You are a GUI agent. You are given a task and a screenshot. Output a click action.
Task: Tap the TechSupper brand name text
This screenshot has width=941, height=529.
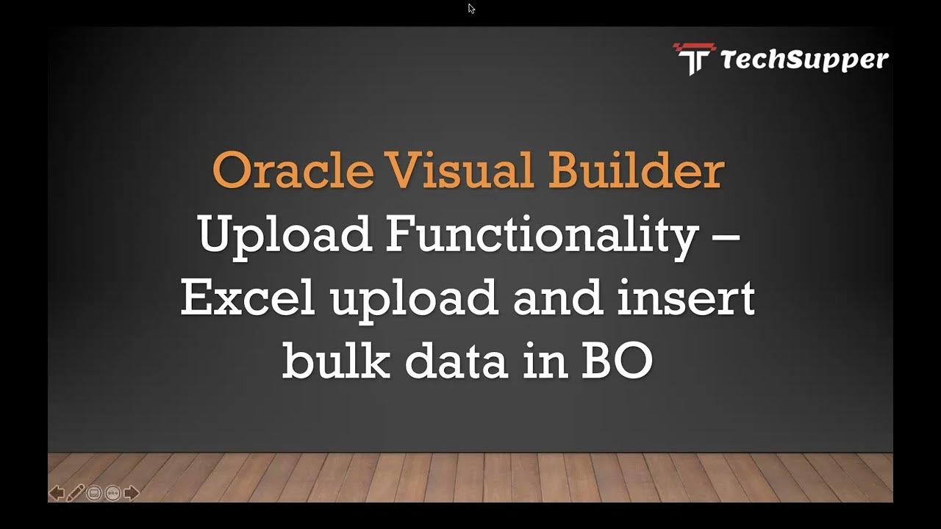tap(804, 60)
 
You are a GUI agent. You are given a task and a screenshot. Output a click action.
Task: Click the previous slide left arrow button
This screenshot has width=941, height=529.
tap(56, 493)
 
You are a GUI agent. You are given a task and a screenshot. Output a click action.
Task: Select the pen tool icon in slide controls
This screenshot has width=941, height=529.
tap(75, 493)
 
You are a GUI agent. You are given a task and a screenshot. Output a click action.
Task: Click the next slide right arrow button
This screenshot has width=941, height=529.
tap(132, 493)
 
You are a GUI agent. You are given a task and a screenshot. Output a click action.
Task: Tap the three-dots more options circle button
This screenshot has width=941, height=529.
tap(112, 493)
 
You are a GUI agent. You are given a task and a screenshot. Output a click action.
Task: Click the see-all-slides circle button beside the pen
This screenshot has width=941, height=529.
tap(94, 493)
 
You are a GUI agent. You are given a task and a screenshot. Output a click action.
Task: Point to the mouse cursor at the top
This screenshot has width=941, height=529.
tap(471, 9)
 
